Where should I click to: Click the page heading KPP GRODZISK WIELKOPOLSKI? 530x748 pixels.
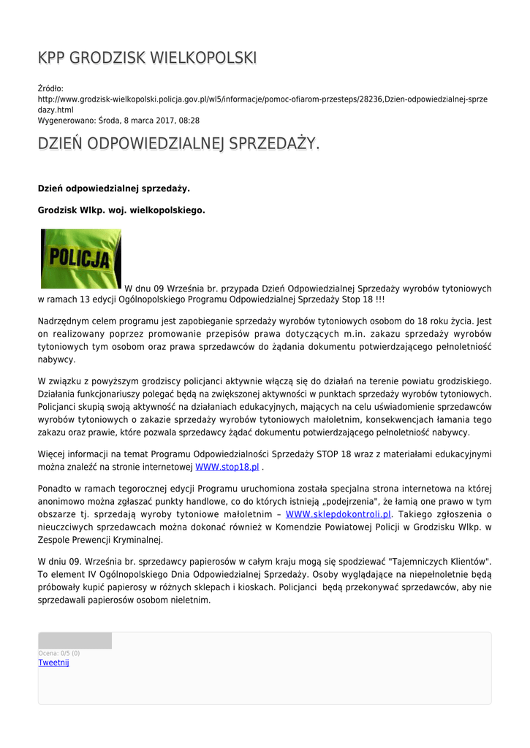pos(147,58)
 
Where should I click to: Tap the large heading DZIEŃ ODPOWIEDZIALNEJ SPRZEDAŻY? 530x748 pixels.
pos(178,144)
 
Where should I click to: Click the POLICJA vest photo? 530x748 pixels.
pos(81,259)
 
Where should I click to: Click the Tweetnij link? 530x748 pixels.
pos(53,663)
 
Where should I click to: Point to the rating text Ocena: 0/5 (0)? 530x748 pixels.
pos(59,653)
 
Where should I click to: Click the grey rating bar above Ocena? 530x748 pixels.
pos(75,641)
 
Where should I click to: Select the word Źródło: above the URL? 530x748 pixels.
pos(51,88)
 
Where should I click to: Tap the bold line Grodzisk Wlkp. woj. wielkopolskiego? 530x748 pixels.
pos(121,210)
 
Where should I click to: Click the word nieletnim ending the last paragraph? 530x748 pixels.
pos(190,600)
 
